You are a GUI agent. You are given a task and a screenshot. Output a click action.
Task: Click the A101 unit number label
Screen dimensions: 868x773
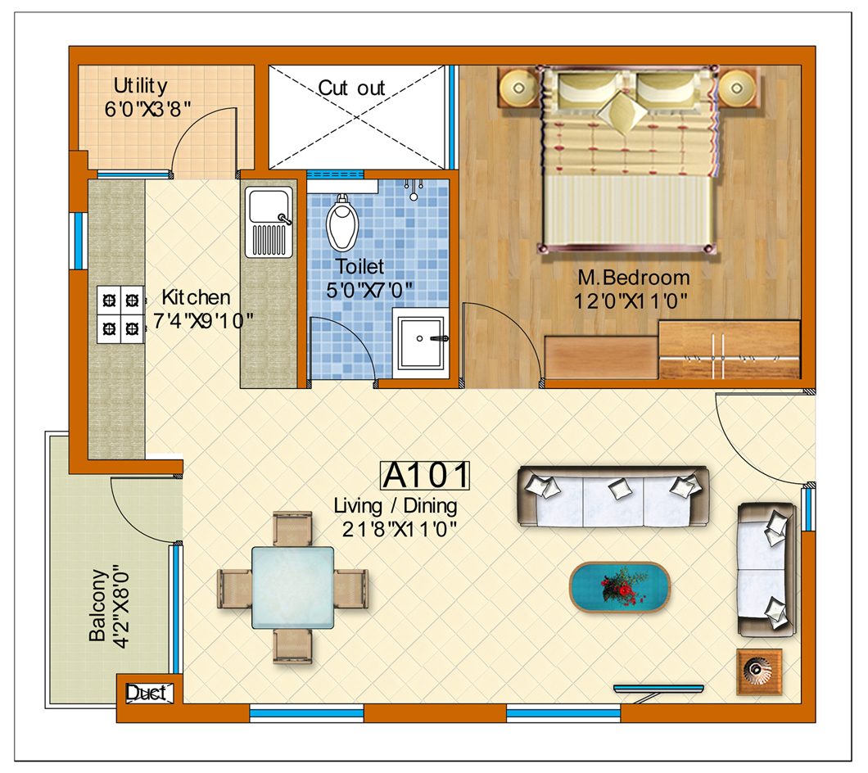click(425, 476)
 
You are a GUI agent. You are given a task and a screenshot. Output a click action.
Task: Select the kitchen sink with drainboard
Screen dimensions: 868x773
click(269, 223)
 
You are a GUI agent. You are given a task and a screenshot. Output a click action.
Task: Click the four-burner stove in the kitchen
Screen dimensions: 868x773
click(120, 314)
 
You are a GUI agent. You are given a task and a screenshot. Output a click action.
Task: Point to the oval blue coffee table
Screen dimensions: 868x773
click(619, 587)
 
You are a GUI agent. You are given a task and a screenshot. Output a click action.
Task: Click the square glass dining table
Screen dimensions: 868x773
click(293, 587)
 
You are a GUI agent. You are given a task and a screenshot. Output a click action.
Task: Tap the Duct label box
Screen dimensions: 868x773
click(147, 693)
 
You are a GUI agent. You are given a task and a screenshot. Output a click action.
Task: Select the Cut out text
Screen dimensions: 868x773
click(351, 88)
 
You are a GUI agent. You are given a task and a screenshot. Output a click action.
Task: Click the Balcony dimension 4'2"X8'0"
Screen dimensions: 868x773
click(120, 606)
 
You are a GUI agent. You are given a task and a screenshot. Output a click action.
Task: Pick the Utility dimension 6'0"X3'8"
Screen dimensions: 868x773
click(147, 109)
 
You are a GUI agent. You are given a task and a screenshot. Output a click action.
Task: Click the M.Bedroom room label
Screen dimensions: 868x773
click(634, 278)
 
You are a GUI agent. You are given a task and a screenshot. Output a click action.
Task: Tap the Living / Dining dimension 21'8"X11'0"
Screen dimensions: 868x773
click(399, 529)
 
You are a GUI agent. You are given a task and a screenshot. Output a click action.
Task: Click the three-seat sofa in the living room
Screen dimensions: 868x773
click(613, 496)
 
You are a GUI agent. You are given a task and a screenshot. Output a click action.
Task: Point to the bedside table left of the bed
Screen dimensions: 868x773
click(518, 88)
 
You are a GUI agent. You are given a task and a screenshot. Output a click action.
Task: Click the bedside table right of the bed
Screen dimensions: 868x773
click(738, 88)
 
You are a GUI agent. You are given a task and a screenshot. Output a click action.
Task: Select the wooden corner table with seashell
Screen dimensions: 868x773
click(759, 671)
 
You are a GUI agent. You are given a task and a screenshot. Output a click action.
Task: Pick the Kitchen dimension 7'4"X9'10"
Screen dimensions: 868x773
click(203, 321)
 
